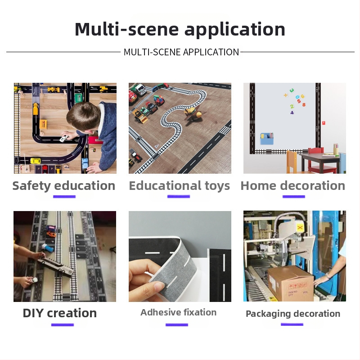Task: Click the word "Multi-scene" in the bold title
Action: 126,29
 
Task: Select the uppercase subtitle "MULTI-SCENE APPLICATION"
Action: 181,52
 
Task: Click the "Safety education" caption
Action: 63,186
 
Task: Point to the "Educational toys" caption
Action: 179,186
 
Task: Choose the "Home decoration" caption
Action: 293,185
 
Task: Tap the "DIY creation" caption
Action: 60,313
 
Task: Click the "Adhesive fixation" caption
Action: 178,312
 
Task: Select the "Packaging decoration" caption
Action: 293,314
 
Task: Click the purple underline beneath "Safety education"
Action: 64,197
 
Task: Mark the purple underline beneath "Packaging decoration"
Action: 292,324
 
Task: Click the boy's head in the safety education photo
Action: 84,117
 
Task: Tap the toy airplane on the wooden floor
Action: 193,114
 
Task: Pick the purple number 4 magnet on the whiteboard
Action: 292,113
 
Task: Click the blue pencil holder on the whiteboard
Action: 267,139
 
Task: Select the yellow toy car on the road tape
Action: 36,161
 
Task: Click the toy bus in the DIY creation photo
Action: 56,267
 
